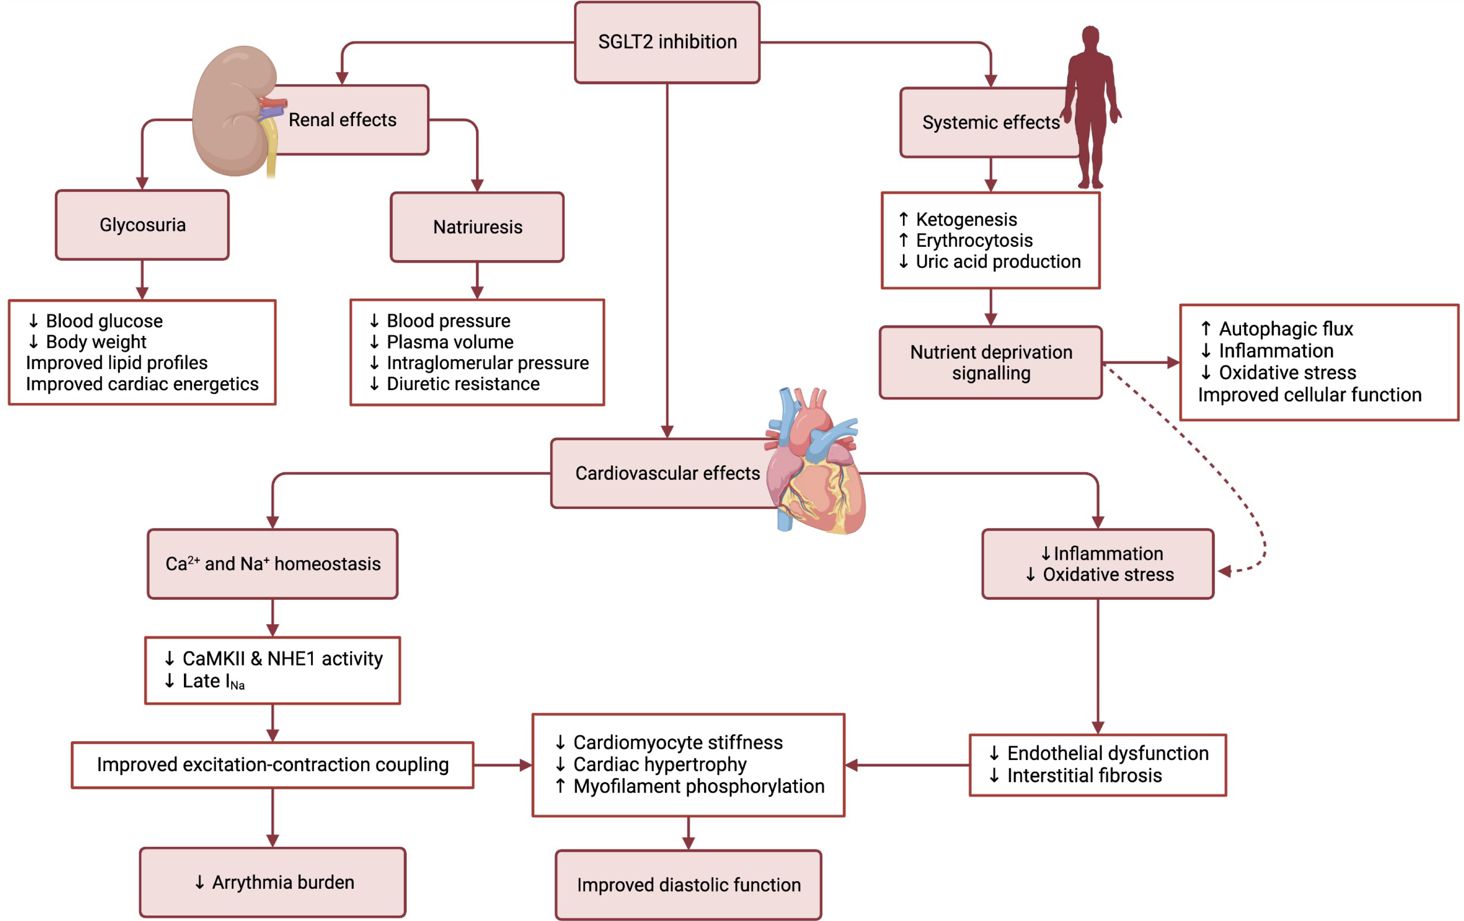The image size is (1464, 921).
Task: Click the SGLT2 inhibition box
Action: coord(667,42)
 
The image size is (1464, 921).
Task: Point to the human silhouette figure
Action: coord(1091,106)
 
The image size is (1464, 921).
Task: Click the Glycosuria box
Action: coord(142,225)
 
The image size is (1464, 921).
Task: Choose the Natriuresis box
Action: coord(477,227)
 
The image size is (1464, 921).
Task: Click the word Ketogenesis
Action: coord(966,219)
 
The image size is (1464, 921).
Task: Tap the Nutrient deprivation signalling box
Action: coord(991,363)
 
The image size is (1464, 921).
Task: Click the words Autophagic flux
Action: coord(1286,329)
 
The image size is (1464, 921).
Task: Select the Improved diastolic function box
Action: coord(688,885)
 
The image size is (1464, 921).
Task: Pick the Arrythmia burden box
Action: coord(272,882)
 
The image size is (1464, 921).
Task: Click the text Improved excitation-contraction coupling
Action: coord(272,764)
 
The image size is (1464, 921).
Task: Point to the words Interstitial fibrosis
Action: coord(1084,776)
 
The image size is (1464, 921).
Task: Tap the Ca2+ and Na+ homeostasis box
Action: coord(272,564)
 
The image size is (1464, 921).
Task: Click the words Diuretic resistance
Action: coord(463,384)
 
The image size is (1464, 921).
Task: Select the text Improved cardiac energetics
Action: coord(142,384)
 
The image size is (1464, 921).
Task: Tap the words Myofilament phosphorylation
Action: coord(698,786)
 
